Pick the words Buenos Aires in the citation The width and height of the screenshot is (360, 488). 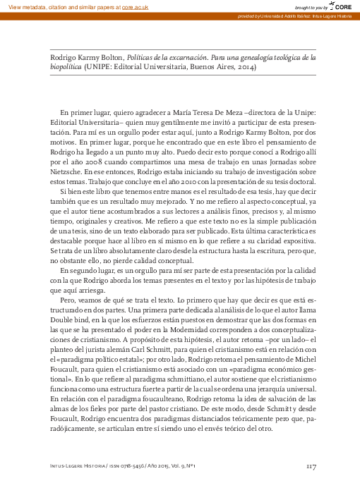point(209,68)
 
